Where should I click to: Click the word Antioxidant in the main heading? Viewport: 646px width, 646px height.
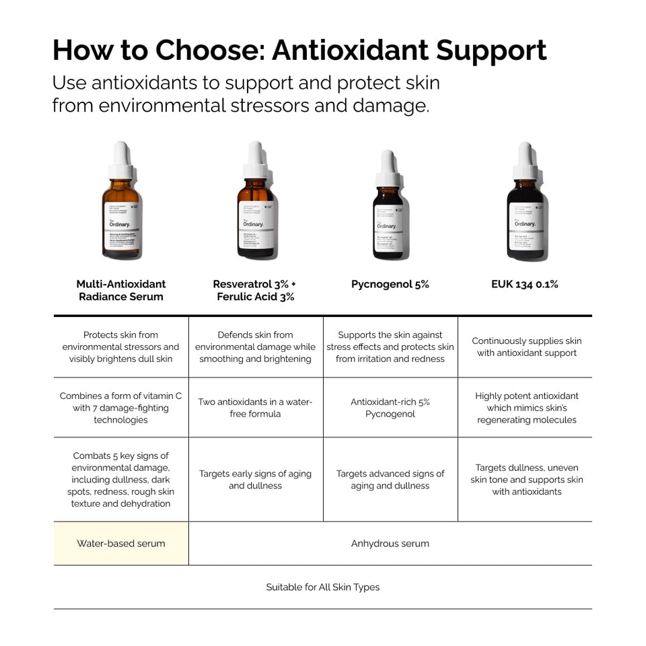click(350, 50)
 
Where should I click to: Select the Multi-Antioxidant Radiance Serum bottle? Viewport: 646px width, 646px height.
click(121, 209)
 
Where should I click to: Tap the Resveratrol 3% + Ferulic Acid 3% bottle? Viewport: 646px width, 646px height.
click(256, 209)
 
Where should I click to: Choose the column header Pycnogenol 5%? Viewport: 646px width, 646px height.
click(390, 284)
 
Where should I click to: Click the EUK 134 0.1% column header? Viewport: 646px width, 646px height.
click(525, 284)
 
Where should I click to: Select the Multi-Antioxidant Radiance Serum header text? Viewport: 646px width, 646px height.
click(121, 290)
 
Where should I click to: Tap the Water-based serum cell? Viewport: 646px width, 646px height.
click(121, 543)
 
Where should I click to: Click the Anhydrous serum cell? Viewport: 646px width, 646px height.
click(390, 543)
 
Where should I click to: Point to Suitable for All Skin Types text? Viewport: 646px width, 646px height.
click(323, 587)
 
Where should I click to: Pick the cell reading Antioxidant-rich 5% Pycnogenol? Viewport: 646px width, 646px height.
click(390, 408)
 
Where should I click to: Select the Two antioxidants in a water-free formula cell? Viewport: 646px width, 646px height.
click(256, 408)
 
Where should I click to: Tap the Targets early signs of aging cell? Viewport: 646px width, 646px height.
click(256, 479)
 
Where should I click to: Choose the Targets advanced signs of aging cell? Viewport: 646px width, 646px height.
click(390, 479)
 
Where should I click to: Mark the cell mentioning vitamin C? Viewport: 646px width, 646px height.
click(121, 408)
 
